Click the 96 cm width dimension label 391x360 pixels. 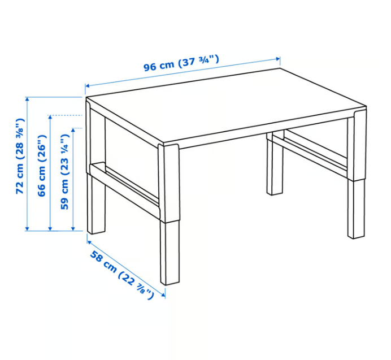[x=181, y=63]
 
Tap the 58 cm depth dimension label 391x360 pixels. [x=121, y=275]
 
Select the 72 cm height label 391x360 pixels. [x=20, y=156]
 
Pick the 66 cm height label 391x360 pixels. [x=42, y=166]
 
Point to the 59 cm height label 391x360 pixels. [x=64, y=172]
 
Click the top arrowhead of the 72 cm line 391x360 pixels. [x=28, y=99]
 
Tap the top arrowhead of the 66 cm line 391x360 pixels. [x=50, y=118]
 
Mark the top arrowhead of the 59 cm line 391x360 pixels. [x=73, y=131]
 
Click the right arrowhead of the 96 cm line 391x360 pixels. [x=277, y=59]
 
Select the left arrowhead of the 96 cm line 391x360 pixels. [x=88, y=86]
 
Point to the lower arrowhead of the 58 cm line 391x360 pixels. [x=163, y=294]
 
